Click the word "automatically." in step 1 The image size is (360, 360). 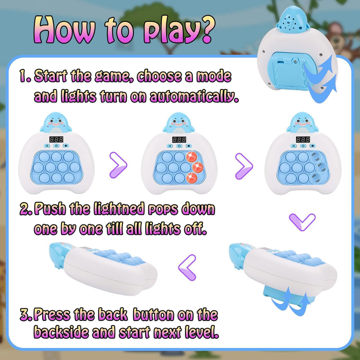[x=194, y=97]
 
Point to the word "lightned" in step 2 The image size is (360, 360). [x=119, y=209]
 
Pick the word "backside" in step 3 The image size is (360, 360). [x=61, y=332]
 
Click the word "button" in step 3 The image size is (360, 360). [x=153, y=315]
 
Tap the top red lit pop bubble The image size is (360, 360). [x=191, y=157]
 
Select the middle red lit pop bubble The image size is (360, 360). [x=198, y=167]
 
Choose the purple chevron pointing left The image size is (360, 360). [x=187, y=268]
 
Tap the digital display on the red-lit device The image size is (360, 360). [x=179, y=139]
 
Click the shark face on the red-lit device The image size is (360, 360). [x=178, y=122]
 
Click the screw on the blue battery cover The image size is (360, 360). [x=295, y=61]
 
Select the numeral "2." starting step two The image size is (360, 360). [x=27, y=209]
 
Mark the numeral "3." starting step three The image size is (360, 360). [x=27, y=315]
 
